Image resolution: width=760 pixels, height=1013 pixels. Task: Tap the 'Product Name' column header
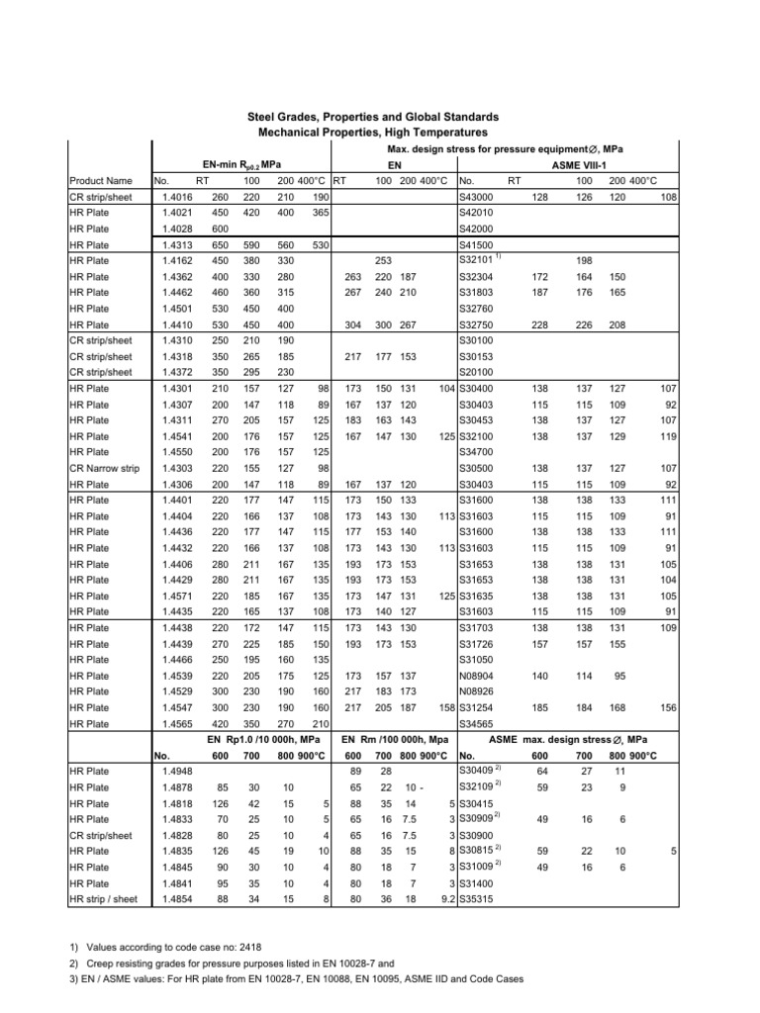pyautogui.click(x=100, y=181)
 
